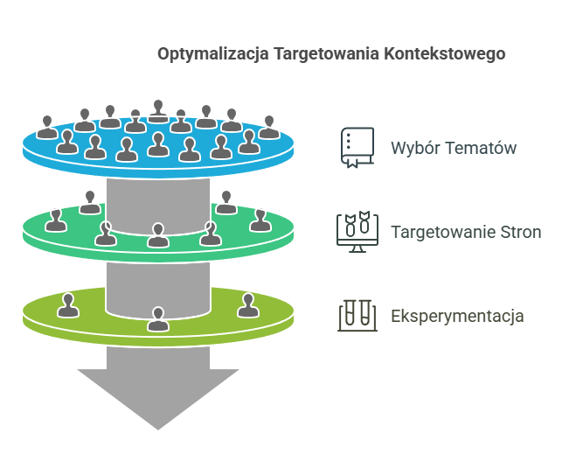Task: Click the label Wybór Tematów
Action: [453, 148]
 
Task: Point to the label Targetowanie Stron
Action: [465, 232]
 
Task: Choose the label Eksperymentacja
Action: [457, 316]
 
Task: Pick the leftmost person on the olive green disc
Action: [66, 305]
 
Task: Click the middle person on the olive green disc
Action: [158, 319]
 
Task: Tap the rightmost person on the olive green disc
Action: [248, 305]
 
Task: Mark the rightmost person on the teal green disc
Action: [259, 220]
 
